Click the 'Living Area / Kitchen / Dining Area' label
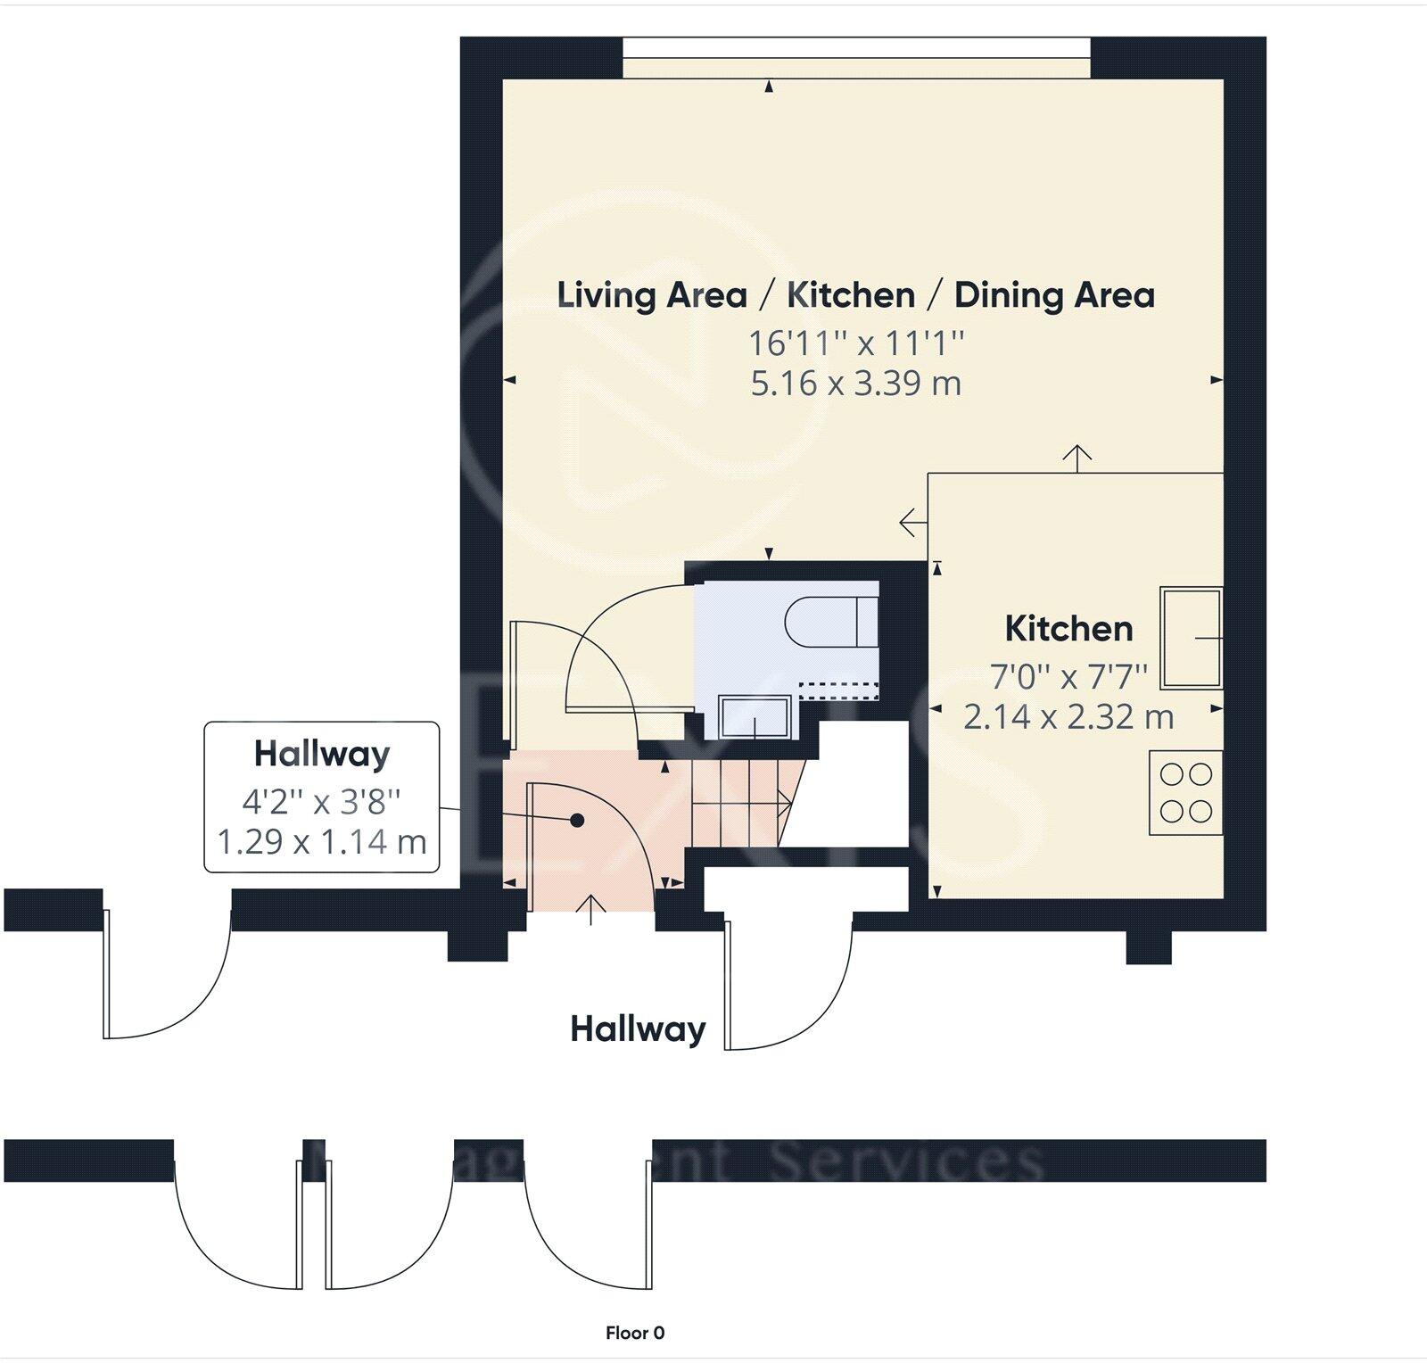[855, 295]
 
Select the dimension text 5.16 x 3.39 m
[855, 384]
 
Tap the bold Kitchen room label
[1068, 629]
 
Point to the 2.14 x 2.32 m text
[1068, 716]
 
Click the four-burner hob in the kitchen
[1185, 792]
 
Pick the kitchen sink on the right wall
[1191, 638]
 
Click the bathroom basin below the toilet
[755, 717]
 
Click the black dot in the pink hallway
[577, 820]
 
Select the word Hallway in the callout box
[322, 755]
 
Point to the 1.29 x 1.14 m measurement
[322, 841]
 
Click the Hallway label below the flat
[638, 1029]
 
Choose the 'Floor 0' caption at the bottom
[635, 1333]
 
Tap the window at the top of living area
[855, 58]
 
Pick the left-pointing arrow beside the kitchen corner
[911, 523]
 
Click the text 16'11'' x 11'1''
[855, 343]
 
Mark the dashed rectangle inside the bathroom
[838, 690]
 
